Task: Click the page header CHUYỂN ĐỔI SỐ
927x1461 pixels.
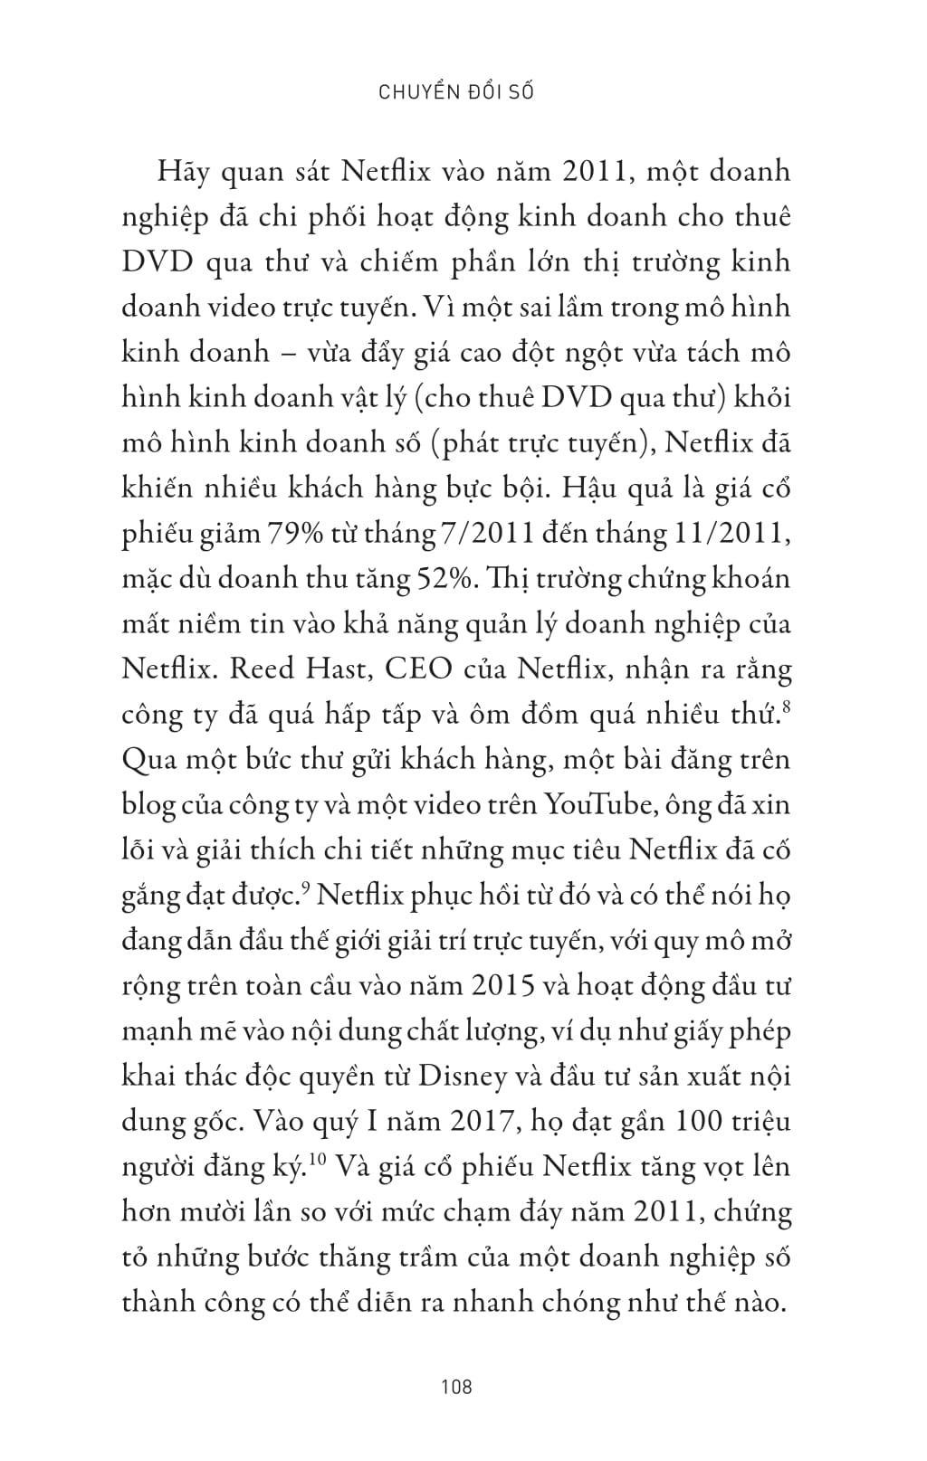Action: (x=454, y=92)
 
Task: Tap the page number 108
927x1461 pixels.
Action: (x=456, y=1386)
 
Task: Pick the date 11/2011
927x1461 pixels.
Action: (x=733, y=534)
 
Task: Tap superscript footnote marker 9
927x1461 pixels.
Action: (x=306, y=888)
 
